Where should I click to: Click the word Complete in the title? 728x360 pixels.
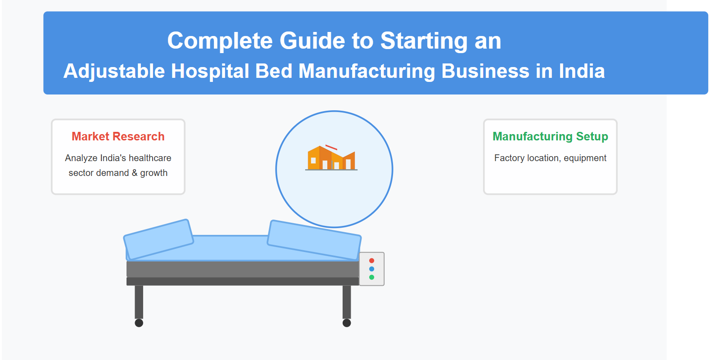click(x=220, y=41)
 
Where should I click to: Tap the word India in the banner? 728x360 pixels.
click(x=582, y=71)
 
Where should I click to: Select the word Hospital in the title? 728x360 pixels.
click(x=210, y=72)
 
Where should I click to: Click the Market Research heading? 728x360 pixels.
click(x=118, y=136)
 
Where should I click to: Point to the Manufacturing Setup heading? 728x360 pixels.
click(x=550, y=136)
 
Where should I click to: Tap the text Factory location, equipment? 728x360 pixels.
click(x=550, y=158)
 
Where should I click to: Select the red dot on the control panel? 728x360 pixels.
click(x=371, y=261)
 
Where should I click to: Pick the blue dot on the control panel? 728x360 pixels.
click(x=371, y=269)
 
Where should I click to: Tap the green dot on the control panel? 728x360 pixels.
click(x=371, y=277)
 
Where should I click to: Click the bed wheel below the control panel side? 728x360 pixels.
click(x=347, y=323)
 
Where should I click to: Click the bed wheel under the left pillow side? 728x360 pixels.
click(x=139, y=323)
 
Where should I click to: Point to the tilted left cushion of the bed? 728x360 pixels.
click(x=158, y=240)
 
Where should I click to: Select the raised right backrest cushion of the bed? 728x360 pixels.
click(x=314, y=240)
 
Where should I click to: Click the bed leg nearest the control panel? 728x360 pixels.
click(x=347, y=302)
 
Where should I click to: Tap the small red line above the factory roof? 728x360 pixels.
click(x=331, y=148)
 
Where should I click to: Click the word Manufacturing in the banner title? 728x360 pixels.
click(x=366, y=72)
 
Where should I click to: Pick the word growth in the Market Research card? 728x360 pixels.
click(x=154, y=173)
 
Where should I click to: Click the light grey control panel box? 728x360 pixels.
click(x=371, y=269)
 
